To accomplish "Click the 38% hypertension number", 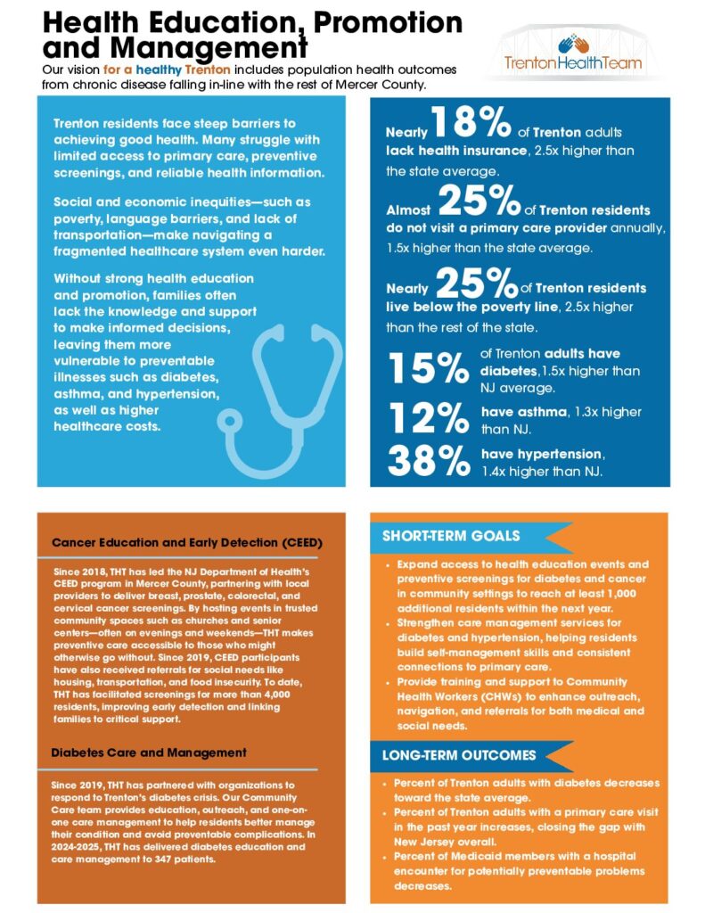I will coord(427,460).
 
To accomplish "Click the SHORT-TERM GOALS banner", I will coord(451,536).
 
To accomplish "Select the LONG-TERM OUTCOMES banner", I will coord(460,754).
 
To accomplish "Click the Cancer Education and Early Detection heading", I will coord(186,541).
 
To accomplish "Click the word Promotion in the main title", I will coord(381,20).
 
